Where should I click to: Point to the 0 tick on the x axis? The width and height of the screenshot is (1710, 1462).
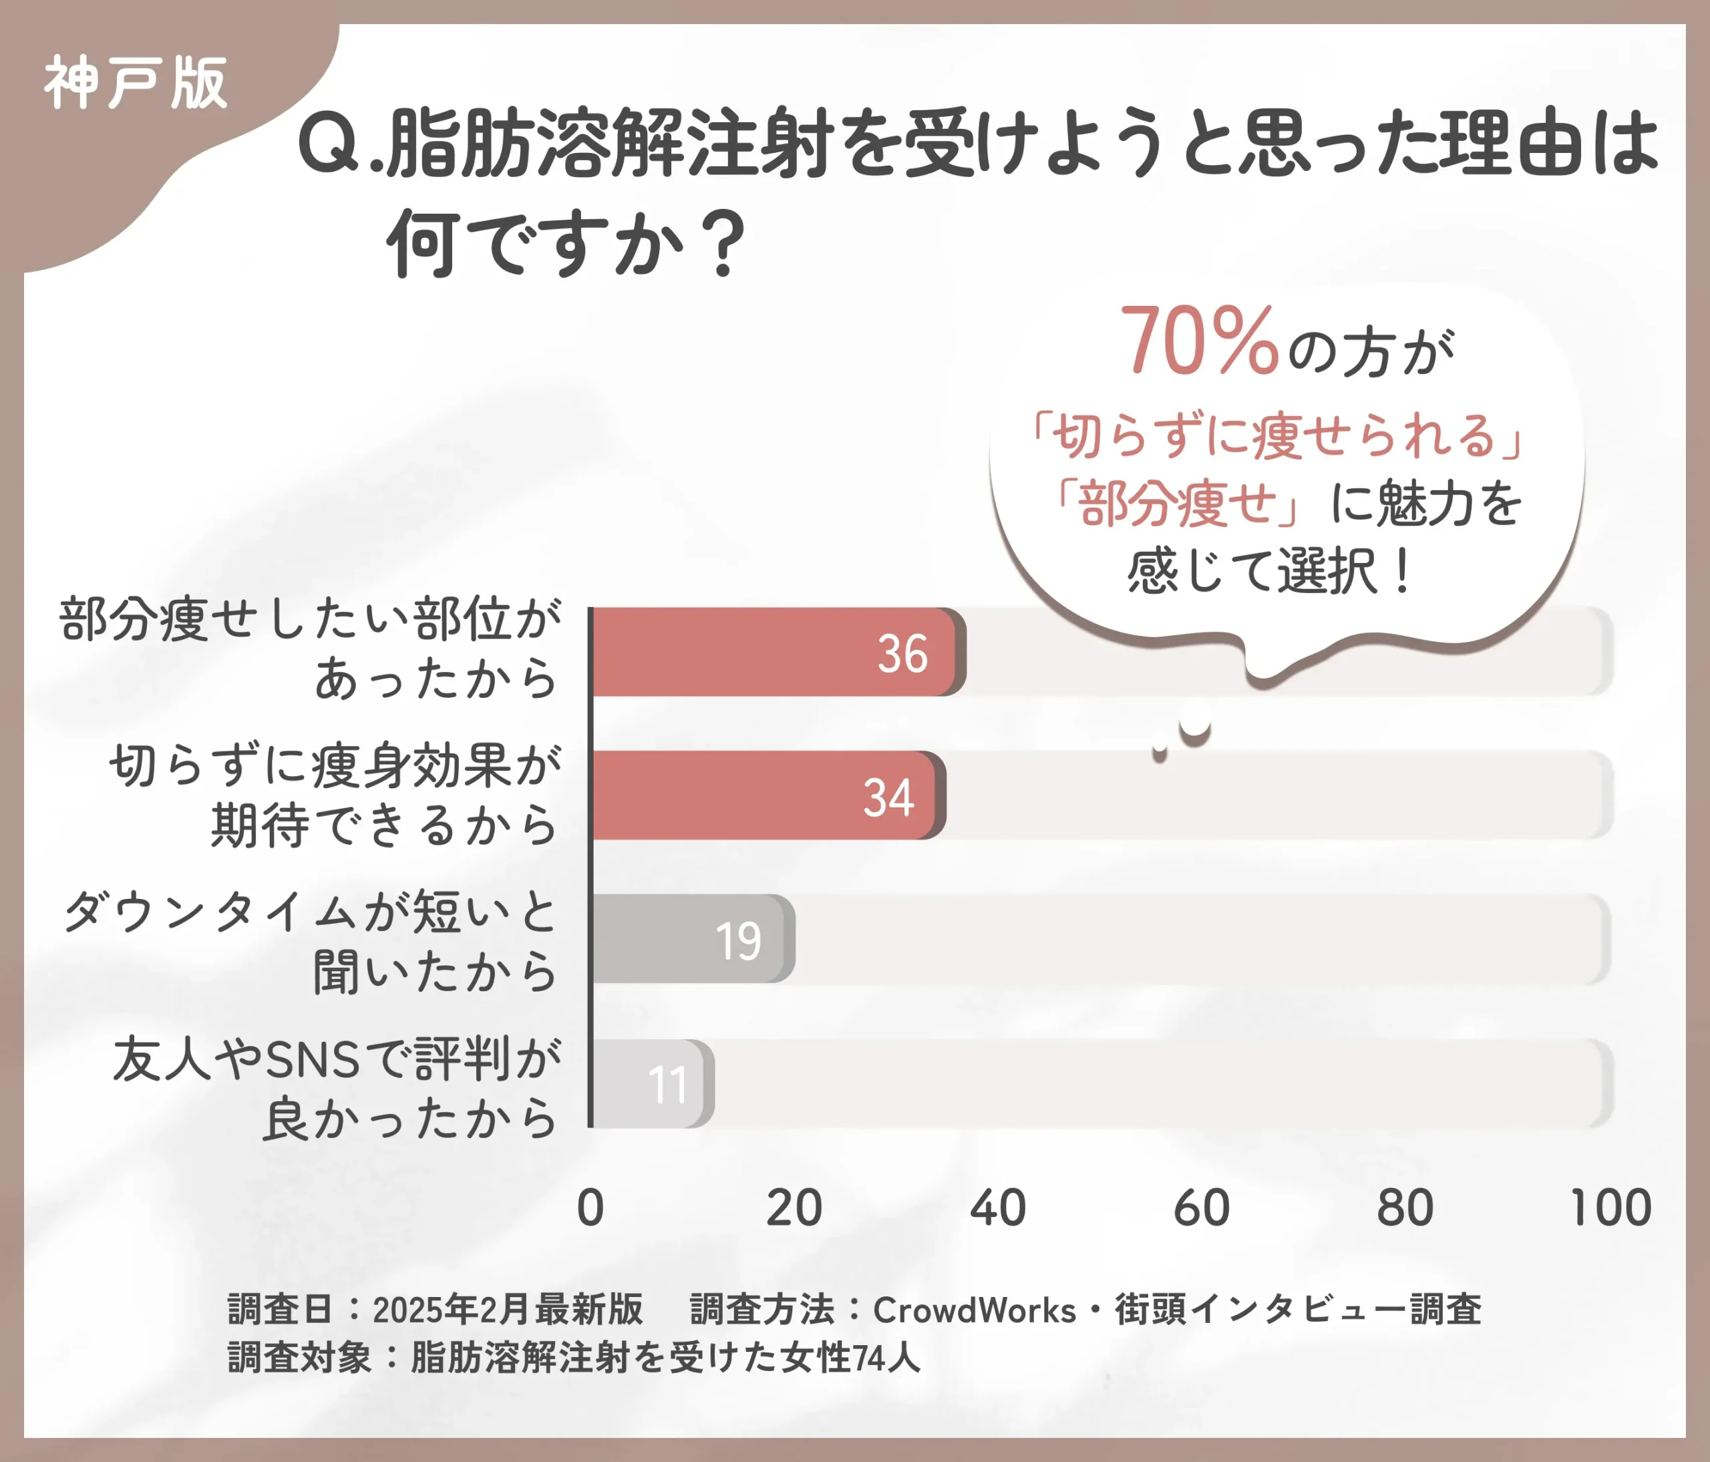tap(590, 1208)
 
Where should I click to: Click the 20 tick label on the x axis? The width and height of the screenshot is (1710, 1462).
tap(794, 1208)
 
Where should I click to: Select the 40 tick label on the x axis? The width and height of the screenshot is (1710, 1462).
tap(998, 1208)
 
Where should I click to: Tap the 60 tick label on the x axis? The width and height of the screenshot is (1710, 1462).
tap(1202, 1208)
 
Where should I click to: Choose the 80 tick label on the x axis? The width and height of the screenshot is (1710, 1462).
tap(1405, 1208)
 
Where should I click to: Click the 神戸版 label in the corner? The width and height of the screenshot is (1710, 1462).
tap(134, 83)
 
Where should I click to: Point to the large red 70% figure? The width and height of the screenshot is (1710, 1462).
tap(1198, 341)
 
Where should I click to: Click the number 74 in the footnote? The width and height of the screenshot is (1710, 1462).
tap(869, 1358)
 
